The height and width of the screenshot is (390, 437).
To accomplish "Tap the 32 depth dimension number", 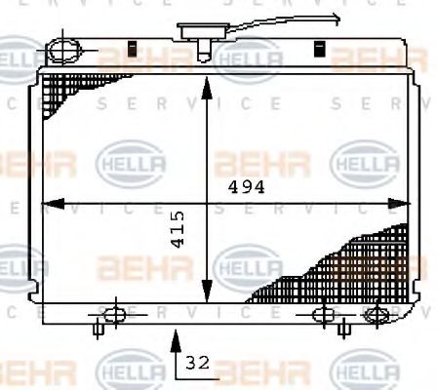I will click(196, 364).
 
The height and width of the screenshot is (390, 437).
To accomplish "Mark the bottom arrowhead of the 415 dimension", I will click(206, 292).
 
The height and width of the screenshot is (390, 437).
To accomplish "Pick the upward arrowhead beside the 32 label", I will click(176, 338).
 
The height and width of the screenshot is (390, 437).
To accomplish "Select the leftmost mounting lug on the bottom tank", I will click(112, 315).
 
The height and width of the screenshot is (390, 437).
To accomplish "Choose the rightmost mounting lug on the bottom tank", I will click(375, 315).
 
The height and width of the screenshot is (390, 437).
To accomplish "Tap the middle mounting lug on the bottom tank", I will click(325, 315).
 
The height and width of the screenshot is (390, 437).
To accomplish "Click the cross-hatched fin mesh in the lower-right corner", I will click(351, 263).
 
